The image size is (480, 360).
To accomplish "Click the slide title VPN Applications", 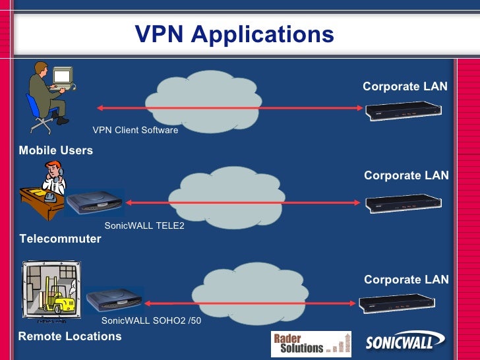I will tap(234, 34).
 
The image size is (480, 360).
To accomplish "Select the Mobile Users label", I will tap(56, 150).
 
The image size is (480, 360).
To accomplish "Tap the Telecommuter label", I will tap(61, 239).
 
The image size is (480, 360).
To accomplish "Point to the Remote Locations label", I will tap(70, 336).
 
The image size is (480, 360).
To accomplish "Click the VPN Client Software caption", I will tap(135, 131).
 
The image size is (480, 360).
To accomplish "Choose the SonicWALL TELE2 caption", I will tap(144, 226).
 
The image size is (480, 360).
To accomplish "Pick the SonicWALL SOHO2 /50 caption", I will tap(151, 321).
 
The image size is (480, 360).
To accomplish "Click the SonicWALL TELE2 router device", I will tap(94, 202).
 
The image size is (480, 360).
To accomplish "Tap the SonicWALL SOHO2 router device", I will tap(113, 300).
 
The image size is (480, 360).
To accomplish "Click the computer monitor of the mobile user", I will tap(62, 77).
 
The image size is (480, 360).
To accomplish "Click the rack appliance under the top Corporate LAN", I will tap(404, 111).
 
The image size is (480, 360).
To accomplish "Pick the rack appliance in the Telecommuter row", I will tap(404, 203).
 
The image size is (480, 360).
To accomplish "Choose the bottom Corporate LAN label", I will tap(406, 280).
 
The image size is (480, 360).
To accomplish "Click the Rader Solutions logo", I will tap(311, 344).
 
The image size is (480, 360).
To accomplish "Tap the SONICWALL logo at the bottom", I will tap(405, 344).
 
